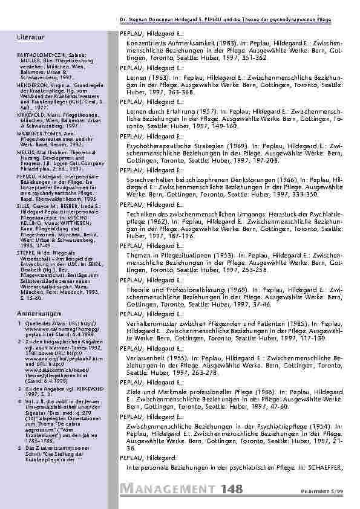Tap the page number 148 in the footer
[234, 490]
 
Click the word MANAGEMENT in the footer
[168, 490]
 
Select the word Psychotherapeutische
[159, 146]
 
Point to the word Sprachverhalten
[151, 180]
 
